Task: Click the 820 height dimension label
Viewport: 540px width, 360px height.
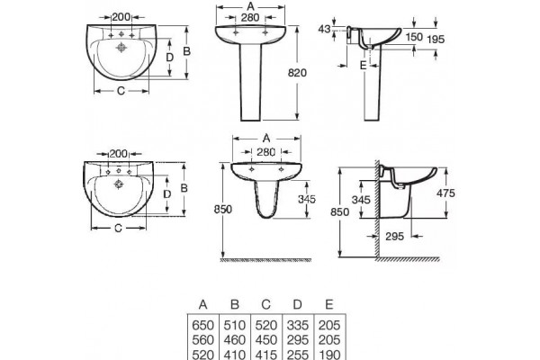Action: [297, 73]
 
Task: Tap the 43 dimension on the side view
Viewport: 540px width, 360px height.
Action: [324, 30]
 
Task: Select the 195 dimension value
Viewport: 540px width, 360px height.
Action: [436, 40]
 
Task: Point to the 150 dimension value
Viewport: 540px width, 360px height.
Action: [414, 37]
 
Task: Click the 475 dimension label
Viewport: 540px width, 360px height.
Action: [445, 193]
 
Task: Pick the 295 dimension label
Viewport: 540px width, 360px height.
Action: [394, 237]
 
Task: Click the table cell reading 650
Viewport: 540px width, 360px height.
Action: [202, 325]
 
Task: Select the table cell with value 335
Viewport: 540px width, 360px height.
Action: [298, 325]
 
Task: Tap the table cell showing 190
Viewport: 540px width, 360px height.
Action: [329, 355]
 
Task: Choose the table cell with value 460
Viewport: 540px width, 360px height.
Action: [235, 340]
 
